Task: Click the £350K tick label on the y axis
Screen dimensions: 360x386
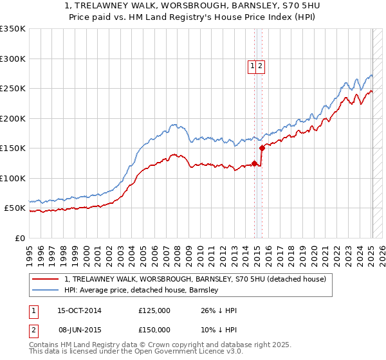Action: point(13,29)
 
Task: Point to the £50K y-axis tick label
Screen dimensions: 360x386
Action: point(15,208)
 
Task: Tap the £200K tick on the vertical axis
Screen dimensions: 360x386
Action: point(13,118)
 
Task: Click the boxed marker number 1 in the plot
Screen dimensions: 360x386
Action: point(253,65)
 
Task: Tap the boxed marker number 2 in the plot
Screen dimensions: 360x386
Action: point(261,65)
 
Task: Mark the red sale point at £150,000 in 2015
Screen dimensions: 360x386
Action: point(262,148)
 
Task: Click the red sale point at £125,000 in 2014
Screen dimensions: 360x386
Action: point(255,163)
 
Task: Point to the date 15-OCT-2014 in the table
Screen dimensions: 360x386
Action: point(79,310)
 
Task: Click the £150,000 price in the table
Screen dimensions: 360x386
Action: point(154,329)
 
